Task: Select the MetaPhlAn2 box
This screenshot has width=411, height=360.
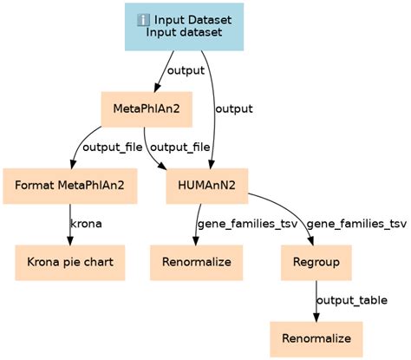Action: click(140, 109)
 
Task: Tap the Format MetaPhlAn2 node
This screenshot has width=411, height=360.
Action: click(70, 185)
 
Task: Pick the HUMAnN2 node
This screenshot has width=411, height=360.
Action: click(207, 185)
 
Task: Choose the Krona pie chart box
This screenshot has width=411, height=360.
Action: click(70, 260)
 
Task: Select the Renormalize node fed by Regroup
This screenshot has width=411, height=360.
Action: click(316, 336)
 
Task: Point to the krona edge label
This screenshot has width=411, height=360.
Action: click(86, 223)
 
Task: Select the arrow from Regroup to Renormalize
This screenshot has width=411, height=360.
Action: click(316, 298)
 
